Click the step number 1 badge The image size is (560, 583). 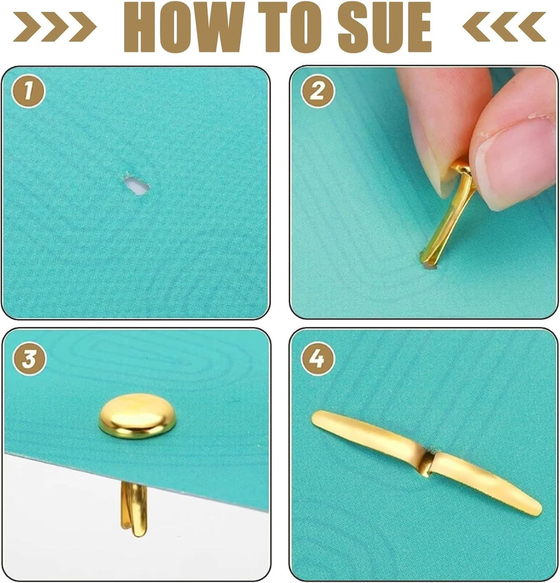pos(28,91)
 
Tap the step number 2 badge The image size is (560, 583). pos(318,91)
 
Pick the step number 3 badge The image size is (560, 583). pos(29,359)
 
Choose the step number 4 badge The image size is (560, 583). pos(318,359)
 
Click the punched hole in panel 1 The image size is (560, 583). pos(136,184)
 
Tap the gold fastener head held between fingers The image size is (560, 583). pos(462,168)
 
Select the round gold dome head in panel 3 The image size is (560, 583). pos(137,416)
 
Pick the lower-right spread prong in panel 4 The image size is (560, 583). pos(487,483)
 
